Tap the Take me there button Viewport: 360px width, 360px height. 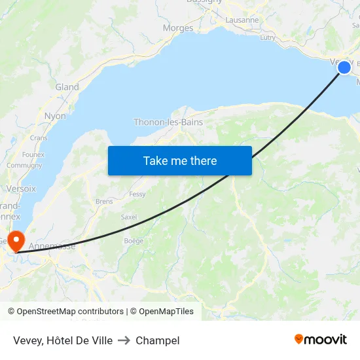tap(180, 160)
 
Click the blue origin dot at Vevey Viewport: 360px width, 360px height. tap(344, 67)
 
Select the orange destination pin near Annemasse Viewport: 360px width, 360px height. tap(15, 240)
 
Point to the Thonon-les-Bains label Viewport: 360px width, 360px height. tap(168, 122)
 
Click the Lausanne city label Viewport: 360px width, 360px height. tap(242, 20)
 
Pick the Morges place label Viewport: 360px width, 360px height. tap(178, 28)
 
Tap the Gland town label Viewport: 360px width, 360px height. tap(67, 87)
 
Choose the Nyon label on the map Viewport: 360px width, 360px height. tap(55, 116)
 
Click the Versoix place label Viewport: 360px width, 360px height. tap(21, 189)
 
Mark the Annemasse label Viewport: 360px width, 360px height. tap(52, 247)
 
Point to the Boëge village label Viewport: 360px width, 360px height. tap(134, 241)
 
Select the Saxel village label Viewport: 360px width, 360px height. tap(129, 217)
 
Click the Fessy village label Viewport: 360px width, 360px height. tap(137, 194)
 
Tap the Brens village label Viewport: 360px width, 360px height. tap(104, 202)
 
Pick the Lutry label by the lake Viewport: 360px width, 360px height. tap(268, 38)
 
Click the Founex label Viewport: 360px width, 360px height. tap(33, 154)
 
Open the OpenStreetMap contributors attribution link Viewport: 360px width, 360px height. tap(71, 312)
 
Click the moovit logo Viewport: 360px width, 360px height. tap(321, 339)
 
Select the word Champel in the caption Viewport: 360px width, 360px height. tap(158, 340)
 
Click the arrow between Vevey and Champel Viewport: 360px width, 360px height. tap(124, 340)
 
